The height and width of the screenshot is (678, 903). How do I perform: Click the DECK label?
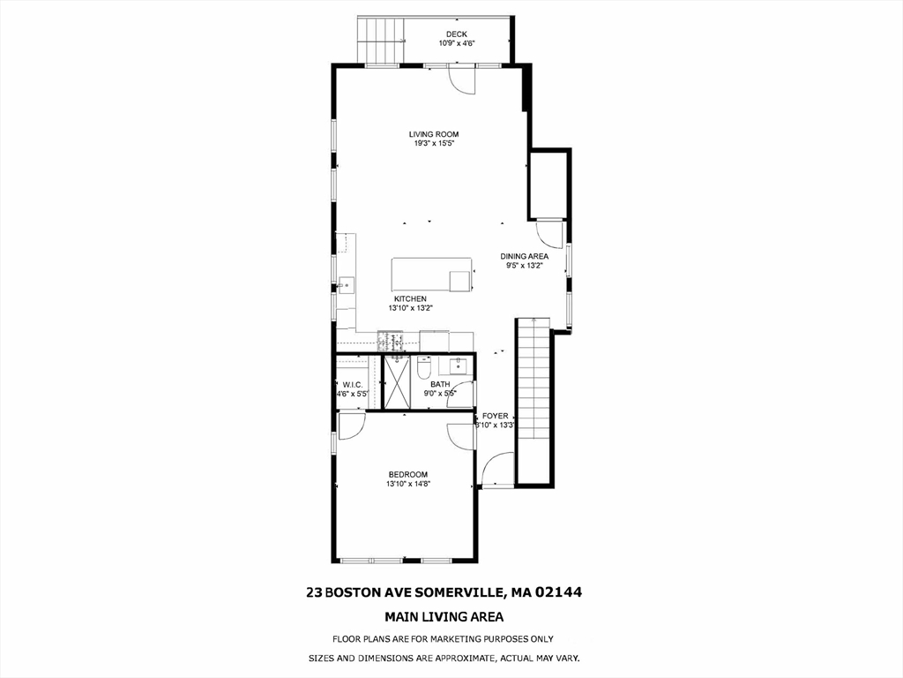coord(456,34)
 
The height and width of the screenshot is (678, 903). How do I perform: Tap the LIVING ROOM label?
coord(434,134)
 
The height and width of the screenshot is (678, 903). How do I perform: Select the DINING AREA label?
coord(526,256)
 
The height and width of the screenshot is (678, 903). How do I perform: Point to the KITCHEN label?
coord(410,299)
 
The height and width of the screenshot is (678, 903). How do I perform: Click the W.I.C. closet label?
coord(353,385)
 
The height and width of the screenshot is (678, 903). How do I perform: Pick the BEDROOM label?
coord(407,474)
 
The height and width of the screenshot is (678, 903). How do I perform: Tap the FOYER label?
coord(495,416)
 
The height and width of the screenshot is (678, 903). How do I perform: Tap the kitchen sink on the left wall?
coord(346,284)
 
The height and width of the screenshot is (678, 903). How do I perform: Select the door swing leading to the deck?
coord(461,79)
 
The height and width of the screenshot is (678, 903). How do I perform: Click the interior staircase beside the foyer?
coord(533,397)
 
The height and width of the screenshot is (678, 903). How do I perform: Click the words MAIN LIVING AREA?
coord(444,617)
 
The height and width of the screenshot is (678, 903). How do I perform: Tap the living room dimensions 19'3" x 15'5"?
coord(434,143)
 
